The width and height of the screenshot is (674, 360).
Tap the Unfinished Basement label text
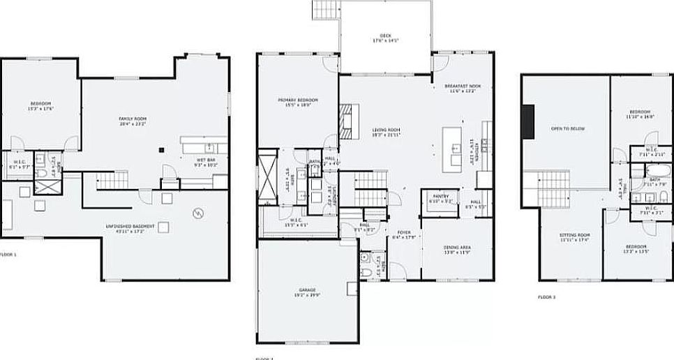point(130,229)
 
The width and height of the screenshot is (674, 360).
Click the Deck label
point(385,38)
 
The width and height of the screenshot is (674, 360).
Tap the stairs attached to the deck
point(325,9)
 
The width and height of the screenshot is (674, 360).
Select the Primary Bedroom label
point(298,103)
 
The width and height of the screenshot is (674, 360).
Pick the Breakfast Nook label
point(462,88)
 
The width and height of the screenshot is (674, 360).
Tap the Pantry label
point(440,198)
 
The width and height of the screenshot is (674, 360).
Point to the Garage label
point(307,291)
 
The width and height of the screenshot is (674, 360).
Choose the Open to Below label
point(567,129)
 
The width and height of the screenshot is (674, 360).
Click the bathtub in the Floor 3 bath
point(648,170)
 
